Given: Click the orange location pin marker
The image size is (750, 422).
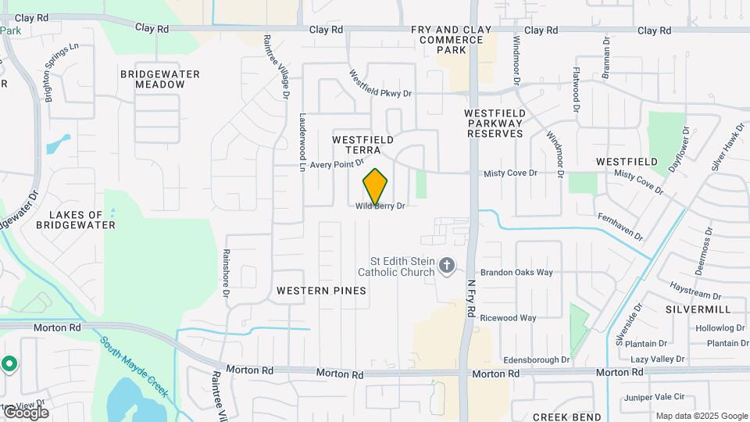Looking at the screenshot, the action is (x=375, y=186).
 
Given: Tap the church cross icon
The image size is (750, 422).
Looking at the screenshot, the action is (x=447, y=266).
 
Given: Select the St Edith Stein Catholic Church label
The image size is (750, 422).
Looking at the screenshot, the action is (x=402, y=266).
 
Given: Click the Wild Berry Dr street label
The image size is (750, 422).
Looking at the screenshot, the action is (x=380, y=206).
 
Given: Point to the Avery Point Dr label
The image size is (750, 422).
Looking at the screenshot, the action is (x=337, y=165).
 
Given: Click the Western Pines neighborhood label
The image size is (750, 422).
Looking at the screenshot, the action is (x=321, y=290).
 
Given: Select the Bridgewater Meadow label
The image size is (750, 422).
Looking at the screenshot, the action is (x=160, y=79).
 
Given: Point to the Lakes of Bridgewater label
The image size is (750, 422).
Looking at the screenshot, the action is (x=82, y=220).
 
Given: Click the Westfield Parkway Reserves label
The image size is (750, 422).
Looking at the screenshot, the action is (x=495, y=123).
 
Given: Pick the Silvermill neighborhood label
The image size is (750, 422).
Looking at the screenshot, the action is (x=698, y=309).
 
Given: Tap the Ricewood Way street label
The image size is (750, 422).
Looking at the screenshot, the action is (x=508, y=318).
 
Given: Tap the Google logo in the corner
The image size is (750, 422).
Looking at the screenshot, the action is (x=26, y=412).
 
